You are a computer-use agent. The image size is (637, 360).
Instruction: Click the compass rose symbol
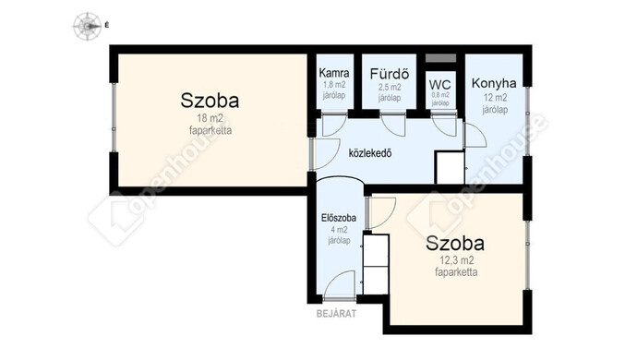coord(87,26)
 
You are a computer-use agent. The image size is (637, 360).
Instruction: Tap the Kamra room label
coord(334,73)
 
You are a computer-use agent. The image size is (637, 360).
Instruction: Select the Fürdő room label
coord(390,74)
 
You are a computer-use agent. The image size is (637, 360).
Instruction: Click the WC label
coord(440,85)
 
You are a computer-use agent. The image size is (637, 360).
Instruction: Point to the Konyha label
coord(494,83)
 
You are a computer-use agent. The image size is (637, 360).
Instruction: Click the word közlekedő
coord(370,153)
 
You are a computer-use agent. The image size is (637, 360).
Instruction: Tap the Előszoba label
coord(339,218)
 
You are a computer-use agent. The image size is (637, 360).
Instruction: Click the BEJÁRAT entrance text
coord(336,313)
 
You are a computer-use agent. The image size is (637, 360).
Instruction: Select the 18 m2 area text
coord(210,119)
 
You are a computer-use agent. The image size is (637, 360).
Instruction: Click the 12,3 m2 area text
coord(456,261)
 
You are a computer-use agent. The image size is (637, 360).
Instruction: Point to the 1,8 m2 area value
coord(334,85)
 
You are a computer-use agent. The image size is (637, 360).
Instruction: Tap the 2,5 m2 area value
coord(390,87)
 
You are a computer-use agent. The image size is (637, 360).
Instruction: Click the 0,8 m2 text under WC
coord(440,95)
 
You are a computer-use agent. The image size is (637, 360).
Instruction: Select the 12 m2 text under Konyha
coord(495,98)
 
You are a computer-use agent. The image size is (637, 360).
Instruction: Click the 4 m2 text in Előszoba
coord(339,230)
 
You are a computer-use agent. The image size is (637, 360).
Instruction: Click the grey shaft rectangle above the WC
coord(440,58)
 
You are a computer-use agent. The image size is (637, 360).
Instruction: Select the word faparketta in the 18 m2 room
coord(210,130)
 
